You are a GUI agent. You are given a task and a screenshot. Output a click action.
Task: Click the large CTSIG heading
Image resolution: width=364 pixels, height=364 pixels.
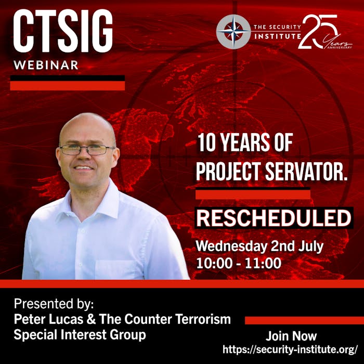click(63, 31)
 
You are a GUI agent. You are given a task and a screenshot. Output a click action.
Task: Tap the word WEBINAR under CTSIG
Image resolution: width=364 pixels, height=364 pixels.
click(46, 65)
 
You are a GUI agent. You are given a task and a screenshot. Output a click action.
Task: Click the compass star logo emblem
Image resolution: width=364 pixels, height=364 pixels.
click(233, 32)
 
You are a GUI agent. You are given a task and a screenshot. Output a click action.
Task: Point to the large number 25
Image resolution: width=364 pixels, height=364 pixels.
click(318, 32)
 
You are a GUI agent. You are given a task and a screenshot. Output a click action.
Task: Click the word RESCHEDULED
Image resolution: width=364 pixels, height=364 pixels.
click(274, 218)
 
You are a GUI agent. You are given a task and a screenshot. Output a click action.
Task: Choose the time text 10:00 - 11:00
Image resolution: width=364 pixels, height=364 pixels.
click(239, 263)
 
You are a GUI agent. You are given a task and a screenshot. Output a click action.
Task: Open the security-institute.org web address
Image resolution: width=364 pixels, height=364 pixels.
click(290, 349)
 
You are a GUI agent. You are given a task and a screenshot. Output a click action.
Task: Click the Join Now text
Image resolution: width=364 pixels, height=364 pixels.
click(291, 336)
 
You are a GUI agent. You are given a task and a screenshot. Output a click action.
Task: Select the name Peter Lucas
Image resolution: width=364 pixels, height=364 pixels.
click(48, 319)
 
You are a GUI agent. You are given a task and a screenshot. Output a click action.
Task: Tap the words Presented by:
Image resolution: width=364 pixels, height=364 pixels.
click(54, 304)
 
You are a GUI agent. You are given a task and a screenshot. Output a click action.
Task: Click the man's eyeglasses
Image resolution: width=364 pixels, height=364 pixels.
click(87, 150)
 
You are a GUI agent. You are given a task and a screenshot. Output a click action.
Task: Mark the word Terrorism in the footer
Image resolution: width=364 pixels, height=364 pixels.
click(203, 319)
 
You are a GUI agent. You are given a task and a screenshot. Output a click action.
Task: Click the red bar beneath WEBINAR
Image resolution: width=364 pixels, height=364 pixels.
click(67, 85)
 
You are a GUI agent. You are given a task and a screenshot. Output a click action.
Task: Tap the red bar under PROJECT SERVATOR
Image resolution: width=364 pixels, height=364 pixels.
click(253, 194)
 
